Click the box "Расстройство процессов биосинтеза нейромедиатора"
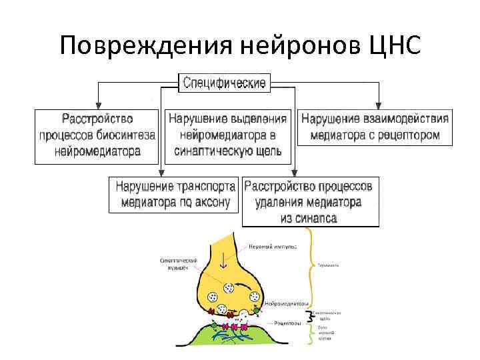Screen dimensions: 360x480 97,135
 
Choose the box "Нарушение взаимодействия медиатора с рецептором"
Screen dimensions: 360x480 375,127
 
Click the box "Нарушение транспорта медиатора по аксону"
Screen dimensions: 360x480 175,194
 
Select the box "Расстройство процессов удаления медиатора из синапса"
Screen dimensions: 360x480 311,201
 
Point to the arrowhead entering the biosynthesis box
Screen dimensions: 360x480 98,105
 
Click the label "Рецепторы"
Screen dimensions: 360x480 287,323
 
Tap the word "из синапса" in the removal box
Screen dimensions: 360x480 310,218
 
